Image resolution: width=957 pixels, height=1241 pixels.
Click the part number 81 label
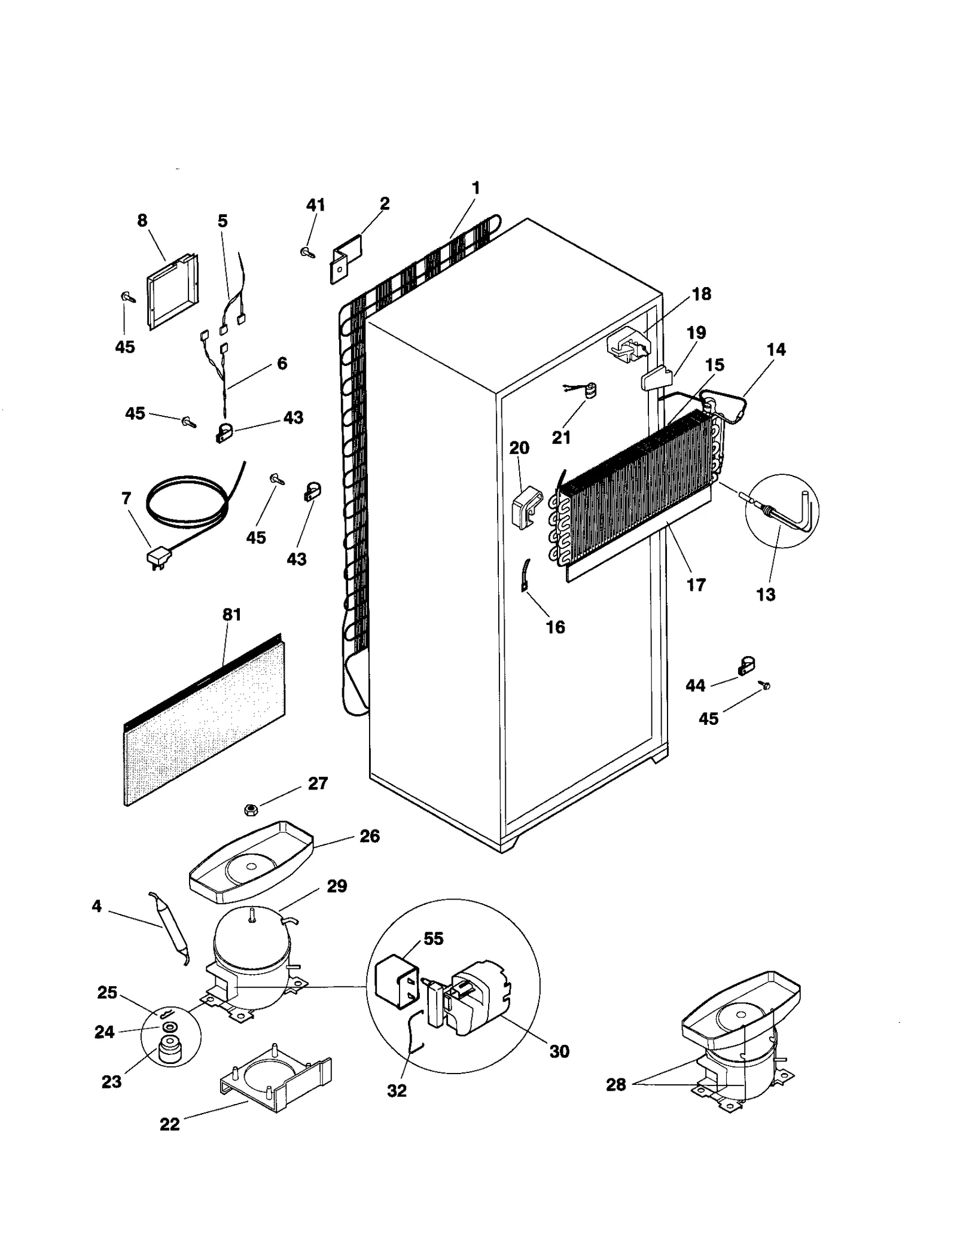(x=231, y=614)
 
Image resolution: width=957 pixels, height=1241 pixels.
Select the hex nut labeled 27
(x=251, y=810)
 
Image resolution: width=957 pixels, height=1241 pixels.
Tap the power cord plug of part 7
(x=157, y=557)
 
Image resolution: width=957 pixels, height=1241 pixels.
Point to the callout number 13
(x=766, y=594)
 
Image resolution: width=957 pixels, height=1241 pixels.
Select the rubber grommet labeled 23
(x=170, y=1054)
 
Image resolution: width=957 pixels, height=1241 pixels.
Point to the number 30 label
(x=559, y=1051)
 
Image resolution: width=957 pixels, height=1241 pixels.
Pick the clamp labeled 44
(x=745, y=665)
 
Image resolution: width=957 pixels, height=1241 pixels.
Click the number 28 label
(x=616, y=1084)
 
